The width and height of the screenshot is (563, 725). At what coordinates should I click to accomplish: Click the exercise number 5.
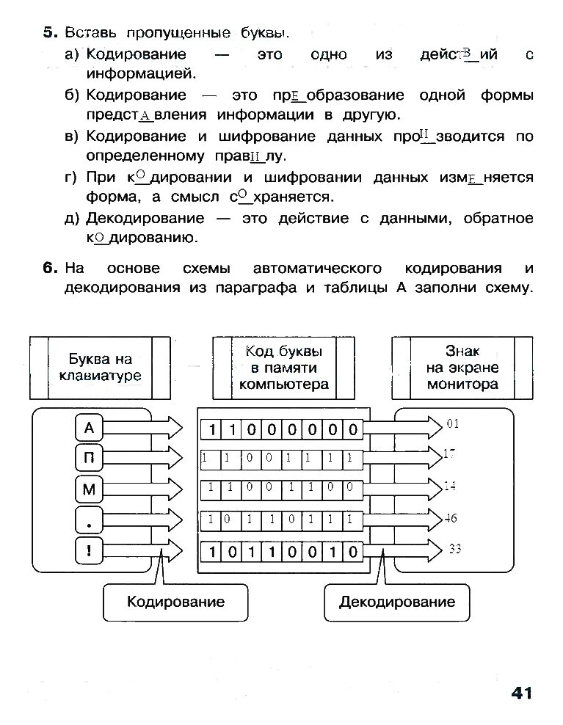(48, 32)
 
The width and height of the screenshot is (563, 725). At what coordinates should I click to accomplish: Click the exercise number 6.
(49, 268)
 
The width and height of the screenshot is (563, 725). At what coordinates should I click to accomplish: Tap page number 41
(520, 692)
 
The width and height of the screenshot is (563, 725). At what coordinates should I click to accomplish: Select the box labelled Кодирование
(175, 602)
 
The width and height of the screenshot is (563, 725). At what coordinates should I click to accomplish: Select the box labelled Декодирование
(396, 602)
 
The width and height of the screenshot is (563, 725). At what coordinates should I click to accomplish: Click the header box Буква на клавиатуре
(100, 368)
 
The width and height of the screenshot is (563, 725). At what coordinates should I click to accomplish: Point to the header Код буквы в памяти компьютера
(283, 368)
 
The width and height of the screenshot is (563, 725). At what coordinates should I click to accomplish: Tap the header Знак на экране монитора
(462, 368)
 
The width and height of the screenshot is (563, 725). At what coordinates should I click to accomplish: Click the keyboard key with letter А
(90, 428)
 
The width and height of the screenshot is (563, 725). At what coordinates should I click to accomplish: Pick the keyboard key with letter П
(90, 459)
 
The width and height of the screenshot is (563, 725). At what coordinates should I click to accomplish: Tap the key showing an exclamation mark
(90, 550)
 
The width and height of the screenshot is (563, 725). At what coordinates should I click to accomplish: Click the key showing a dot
(90, 520)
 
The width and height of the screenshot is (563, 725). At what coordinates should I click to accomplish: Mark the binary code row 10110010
(282, 551)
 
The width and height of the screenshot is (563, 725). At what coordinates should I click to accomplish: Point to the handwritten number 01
(452, 423)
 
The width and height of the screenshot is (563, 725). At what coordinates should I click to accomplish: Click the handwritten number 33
(454, 548)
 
